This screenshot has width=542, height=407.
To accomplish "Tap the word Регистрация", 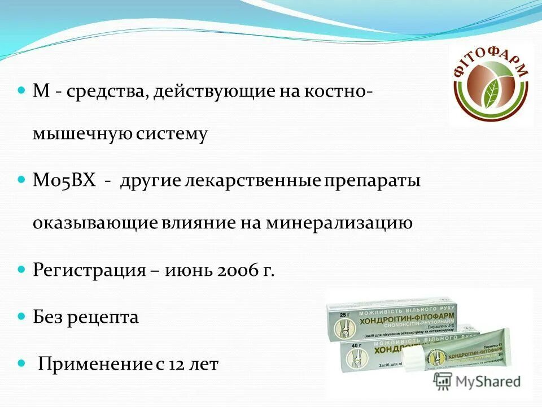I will [x=89, y=270].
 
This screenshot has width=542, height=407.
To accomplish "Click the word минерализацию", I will [x=351, y=223].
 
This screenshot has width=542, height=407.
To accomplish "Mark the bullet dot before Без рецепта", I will [x=22, y=315].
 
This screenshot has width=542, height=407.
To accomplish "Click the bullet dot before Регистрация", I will [x=22, y=268].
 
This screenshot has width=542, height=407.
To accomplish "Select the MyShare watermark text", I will [x=486, y=382].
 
